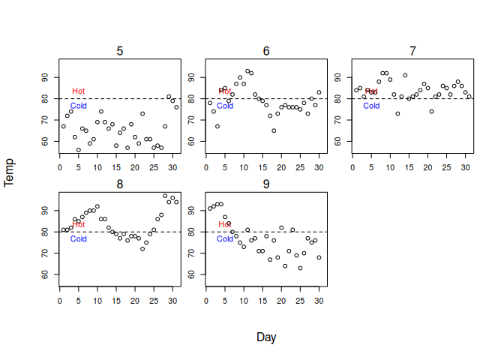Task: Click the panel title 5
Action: [x=120, y=51]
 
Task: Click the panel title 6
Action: [x=266, y=51]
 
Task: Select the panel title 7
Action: [x=412, y=51]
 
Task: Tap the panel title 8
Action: [x=120, y=184]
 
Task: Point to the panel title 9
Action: [x=266, y=184]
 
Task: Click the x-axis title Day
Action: [x=266, y=337]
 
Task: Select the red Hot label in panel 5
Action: [x=79, y=91]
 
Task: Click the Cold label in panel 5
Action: [x=79, y=106]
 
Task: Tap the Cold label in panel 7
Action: [x=371, y=106]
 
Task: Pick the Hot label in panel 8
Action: [x=79, y=225]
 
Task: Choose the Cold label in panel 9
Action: [x=225, y=239]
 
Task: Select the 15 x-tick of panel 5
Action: [x=116, y=167]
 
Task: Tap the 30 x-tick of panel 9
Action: [x=319, y=301]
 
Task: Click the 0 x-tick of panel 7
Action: [x=352, y=167]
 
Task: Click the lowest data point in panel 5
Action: [x=79, y=149]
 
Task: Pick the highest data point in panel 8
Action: [x=165, y=196]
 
